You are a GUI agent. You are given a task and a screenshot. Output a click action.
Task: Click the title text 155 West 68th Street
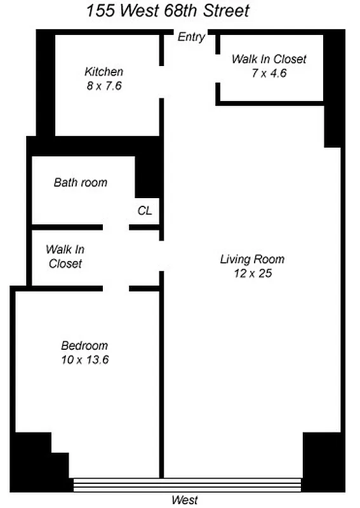[x=168, y=11]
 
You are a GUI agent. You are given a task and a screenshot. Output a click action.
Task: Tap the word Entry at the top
[x=191, y=37]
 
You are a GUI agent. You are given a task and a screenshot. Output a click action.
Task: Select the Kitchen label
[x=103, y=72]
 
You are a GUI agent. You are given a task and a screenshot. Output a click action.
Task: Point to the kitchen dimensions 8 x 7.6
[x=103, y=85]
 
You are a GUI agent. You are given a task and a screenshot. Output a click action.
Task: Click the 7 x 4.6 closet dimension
[x=269, y=72]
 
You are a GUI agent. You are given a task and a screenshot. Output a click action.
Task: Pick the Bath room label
[x=81, y=183]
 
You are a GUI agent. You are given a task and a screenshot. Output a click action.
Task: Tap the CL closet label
[x=145, y=211]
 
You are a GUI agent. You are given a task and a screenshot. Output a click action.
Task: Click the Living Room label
[x=252, y=259]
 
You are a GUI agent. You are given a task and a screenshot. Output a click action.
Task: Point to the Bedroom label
[x=84, y=346]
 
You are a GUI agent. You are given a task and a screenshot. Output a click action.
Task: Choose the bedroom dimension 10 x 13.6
[x=84, y=360]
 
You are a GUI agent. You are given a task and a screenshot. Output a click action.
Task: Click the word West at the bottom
[x=185, y=500]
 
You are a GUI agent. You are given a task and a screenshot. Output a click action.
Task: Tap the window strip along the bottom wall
[x=187, y=485]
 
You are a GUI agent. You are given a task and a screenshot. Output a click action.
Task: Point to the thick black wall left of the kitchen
[x=45, y=83]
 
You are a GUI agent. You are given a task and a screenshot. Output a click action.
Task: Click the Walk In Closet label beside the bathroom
[x=65, y=257]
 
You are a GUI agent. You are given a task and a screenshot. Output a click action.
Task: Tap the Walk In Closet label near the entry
[x=269, y=59]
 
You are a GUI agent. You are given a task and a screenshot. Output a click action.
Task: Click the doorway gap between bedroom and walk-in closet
[x=116, y=289]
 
